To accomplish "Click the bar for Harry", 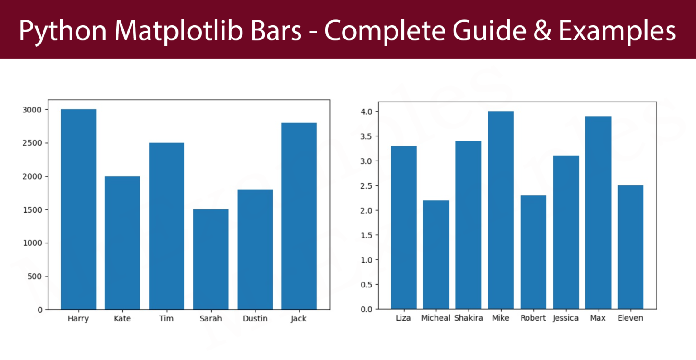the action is (78, 209).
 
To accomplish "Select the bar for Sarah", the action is (211, 259).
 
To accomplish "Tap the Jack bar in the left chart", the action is (299, 216).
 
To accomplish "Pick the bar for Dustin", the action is (255, 249).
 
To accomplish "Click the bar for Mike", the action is (501, 210).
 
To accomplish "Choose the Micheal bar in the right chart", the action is (436, 255).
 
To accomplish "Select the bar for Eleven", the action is (630, 247).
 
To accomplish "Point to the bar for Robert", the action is (533, 252).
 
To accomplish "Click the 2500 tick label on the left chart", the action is (32, 143).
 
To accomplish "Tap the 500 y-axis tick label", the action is (34, 277).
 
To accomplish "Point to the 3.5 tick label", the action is (366, 136).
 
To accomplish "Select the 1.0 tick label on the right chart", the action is (366, 260).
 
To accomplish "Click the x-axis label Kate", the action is (122, 319).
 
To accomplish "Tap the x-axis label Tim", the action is (166, 319).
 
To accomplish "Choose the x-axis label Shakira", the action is (469, 318).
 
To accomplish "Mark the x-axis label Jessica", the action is (565, 318).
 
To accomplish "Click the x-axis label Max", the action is (598, 318).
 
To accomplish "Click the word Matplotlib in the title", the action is (179, 31).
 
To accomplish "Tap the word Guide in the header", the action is (489, 31).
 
